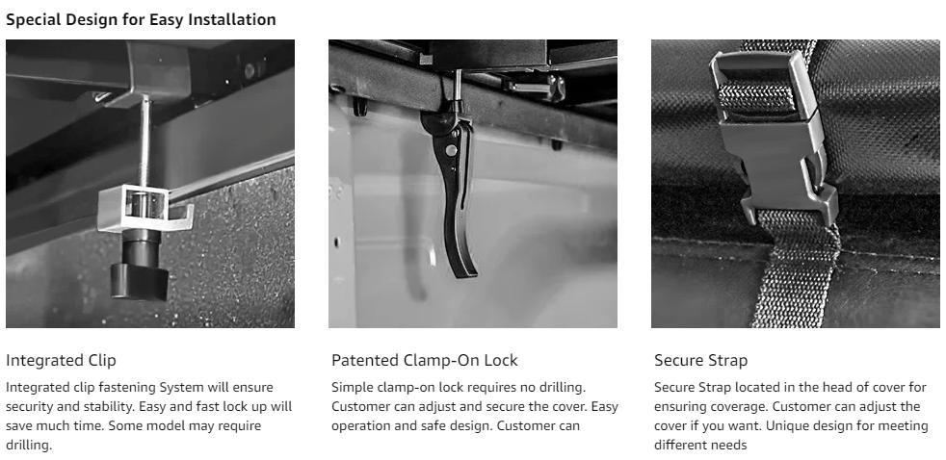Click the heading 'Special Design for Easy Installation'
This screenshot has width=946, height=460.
(141, 19)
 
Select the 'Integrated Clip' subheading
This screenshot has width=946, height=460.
(61, 361)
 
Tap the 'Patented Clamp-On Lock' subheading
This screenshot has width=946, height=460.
(425, 361)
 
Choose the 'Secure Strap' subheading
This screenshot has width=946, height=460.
(701, 361)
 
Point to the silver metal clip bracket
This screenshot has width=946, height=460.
(145, 208)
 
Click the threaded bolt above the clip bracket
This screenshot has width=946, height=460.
(144, 141)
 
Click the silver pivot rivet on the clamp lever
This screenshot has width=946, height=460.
(451, 149)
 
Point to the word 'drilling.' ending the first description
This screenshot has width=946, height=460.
(29, 445)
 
